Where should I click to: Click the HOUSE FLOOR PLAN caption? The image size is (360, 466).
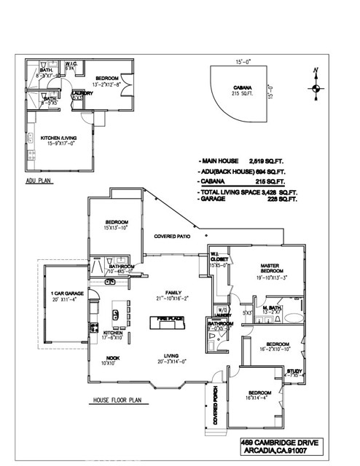coord(120,401)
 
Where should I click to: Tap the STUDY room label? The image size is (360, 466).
coord(294,371)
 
